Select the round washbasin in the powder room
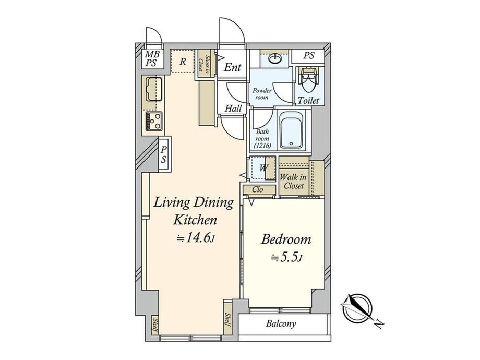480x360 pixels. coord(275,57)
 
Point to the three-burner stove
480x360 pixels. coord(154,121)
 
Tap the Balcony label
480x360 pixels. coord(281,323)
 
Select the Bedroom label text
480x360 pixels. coord(285,239)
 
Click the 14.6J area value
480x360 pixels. coord(196,238)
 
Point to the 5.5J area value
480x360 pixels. coord(287,258)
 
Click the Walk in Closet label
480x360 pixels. coord(294,181)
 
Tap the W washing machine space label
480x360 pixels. coord(264,168)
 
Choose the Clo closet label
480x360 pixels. coord(257,189)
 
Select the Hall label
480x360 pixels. coord(233,108)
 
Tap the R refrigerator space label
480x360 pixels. coord(183,62)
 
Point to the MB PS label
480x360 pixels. coord(152,59)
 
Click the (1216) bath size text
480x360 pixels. coord(262,146)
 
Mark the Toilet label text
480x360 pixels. coord(308,100)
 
